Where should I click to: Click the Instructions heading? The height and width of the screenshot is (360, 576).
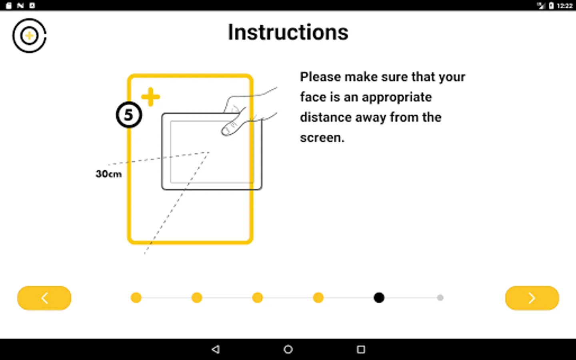[x=288, y=32]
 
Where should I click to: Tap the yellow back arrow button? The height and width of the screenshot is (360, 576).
[x=44, y=298]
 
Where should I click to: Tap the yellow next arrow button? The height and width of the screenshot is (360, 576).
[x=532, y=298]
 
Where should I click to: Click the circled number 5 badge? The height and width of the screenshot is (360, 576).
[x=129, y=115]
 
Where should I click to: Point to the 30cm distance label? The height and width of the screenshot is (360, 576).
[x=108, y=174]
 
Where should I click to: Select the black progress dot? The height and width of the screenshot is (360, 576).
[x=379, y=298]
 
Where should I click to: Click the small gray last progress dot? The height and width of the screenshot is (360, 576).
[x=440, y=298]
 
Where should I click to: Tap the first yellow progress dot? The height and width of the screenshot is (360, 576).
[x=136, y=298]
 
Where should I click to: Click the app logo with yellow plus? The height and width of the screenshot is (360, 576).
[x=30, y=36]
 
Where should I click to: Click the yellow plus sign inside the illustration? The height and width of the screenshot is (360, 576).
[x=151, y=97]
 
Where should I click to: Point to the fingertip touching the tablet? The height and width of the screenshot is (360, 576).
[x=226, y=131]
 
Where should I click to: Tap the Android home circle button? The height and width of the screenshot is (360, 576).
[x=288, y=350]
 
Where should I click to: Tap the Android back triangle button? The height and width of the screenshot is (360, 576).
[x=216, y=350]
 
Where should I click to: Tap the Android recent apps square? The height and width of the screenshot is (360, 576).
[x=361, y=350]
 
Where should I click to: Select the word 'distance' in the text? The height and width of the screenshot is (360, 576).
[x=326, y=117]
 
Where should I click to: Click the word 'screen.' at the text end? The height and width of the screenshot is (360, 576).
[x=322, y=138]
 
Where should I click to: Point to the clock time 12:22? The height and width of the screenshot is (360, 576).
[x=564, y=6]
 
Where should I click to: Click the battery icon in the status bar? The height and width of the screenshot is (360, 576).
[x=551, y=6]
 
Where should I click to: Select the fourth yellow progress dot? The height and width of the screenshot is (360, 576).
[x=318, y=298]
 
